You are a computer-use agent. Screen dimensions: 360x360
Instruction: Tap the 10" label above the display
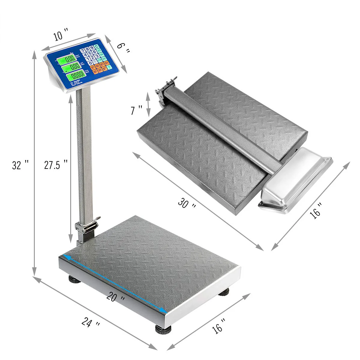click(x=61, y=35)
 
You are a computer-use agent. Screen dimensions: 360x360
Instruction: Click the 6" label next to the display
click(x=122, y=48)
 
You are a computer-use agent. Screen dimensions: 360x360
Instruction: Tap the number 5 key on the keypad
click(x=90, y=53)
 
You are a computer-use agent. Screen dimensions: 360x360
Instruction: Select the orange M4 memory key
click(x=107, y=63)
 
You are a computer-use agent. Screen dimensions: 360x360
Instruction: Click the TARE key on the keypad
click(x=101, y=55)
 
